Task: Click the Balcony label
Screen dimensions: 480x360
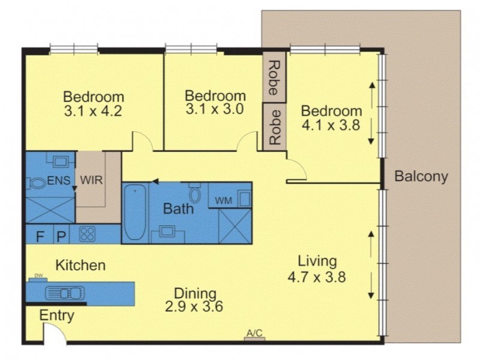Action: [421, 176]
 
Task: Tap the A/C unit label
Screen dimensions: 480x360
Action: [254, 333]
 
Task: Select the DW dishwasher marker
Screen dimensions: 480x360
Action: [38, 276]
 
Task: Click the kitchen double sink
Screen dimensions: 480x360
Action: [65, 293]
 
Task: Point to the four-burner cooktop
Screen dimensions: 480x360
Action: [87, 233]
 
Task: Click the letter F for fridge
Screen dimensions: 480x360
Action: [40, 236]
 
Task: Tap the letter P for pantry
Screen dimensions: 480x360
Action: [62, 236]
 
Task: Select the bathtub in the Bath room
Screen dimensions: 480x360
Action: [135, 212]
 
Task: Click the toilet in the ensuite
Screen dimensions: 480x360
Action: [37, 184]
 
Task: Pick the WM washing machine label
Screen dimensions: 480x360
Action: [223, 201]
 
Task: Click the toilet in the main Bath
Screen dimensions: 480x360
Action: [194, 193]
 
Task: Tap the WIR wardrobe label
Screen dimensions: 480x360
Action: [91, 180]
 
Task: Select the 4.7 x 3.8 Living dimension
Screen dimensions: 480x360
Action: [317, 277]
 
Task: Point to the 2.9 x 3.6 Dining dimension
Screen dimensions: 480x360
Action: [194, 307]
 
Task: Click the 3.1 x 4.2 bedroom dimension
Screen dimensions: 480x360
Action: [93, 111]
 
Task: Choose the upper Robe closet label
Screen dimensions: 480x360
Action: [274, 78]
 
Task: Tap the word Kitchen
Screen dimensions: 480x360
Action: [80, 265]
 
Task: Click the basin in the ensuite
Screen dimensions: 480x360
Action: [61, 161]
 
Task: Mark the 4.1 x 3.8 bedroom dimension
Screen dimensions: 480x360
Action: [331, 125]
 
